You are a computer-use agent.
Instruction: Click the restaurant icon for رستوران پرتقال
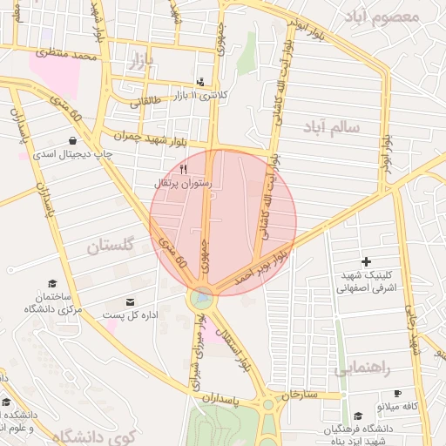[183, 170]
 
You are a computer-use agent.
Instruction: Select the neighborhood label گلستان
[113, 247]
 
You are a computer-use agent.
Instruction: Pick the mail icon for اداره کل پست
[130, 301]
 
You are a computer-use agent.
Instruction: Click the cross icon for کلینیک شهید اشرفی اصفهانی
[366, 261]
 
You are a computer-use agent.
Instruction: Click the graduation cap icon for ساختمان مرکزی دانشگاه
[52, 284]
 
